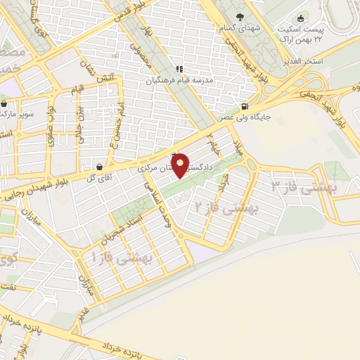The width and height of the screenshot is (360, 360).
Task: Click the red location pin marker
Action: click(x=181, y=165)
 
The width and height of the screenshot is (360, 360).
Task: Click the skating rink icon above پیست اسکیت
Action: click(x=301, y=18)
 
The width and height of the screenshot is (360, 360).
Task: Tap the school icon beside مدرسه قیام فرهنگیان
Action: click(x=179, y=69)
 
